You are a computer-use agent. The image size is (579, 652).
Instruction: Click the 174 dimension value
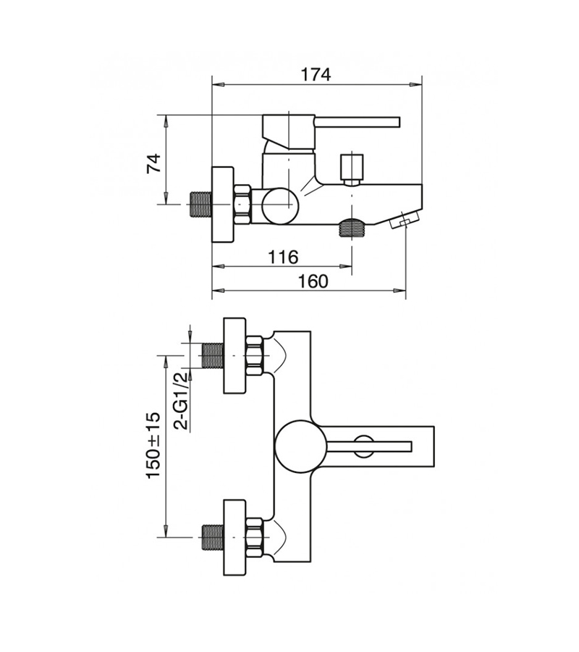316,75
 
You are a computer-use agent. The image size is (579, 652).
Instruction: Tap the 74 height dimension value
153,164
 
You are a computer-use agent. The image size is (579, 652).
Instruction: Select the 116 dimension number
282,257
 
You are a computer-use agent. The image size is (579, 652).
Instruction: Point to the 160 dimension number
313,282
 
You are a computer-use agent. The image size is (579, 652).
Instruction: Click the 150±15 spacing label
153,446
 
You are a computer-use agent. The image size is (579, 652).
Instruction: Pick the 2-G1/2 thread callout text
181,401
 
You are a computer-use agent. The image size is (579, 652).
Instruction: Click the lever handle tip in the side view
398,122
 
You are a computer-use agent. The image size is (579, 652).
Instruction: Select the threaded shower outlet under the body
352,227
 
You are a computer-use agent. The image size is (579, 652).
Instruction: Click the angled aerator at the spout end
404,220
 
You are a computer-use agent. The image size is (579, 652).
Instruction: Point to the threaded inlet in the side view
200,204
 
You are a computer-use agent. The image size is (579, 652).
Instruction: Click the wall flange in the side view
223,204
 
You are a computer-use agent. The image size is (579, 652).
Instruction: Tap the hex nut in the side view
243,204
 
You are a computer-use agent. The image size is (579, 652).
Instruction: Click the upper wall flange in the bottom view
234,356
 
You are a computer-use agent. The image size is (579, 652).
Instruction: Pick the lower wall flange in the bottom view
234,538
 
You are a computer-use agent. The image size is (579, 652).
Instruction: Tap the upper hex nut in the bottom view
255,356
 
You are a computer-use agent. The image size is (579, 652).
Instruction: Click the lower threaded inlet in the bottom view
212,538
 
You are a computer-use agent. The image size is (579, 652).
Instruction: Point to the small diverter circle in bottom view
364,446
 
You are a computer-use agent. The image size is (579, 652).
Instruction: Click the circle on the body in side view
280,206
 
